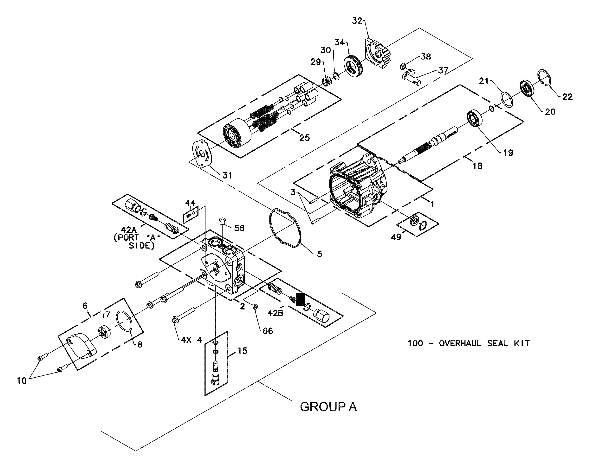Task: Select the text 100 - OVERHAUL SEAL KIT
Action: pyautogui.click(x=469, y=343)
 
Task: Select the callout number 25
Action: pyautogui.click(x=304, y=138)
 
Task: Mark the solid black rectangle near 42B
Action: pyautogui.click(x=300, y=299)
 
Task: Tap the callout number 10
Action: pyautogui.click(x=22, y=381)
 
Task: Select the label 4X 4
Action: pyautogui.click(x=191, y=340)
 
